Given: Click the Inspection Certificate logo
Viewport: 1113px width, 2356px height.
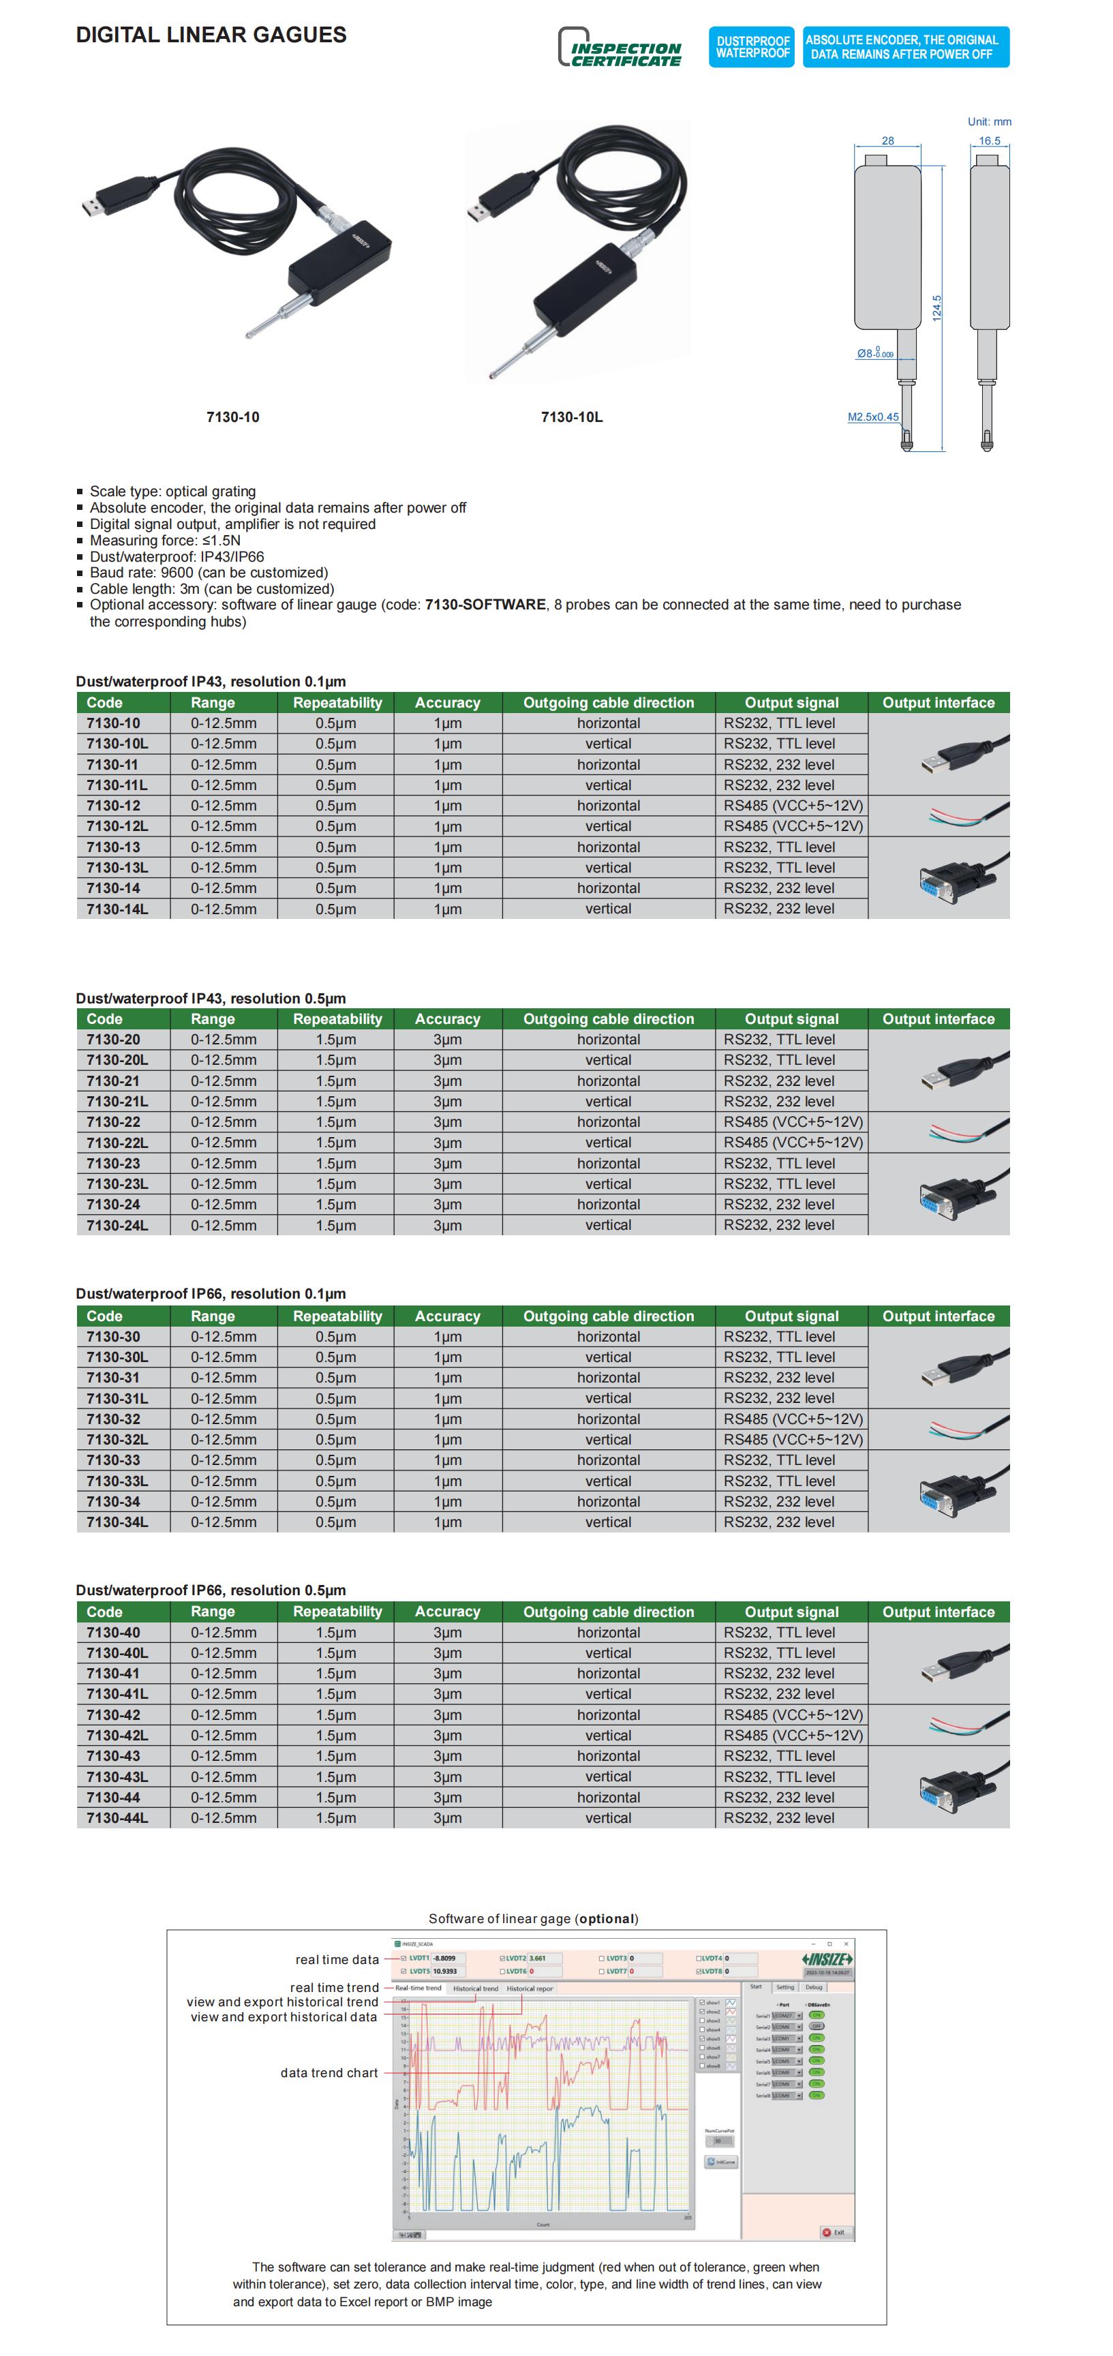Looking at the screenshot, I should [620, 48].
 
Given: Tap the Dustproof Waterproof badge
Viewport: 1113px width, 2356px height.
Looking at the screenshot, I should [752, 46].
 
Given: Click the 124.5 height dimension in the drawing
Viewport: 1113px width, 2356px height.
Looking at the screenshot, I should [936, 307].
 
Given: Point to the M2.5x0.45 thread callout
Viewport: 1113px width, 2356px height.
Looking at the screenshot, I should [872, 417].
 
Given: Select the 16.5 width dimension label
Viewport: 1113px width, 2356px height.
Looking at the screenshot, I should [990, 141].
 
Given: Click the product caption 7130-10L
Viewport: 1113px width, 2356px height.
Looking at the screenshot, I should [572, 417].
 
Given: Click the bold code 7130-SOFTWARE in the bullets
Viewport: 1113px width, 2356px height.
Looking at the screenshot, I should [485, 605].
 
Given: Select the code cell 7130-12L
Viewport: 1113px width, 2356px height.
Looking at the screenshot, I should [117, 826].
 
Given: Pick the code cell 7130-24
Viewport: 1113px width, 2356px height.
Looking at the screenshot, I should [113, 1205].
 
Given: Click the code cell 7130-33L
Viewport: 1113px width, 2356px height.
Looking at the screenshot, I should [117, 1481].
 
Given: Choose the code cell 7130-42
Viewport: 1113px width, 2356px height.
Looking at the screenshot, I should [113, 1715].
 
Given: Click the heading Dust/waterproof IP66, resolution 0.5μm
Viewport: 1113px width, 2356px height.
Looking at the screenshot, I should [211, 1590].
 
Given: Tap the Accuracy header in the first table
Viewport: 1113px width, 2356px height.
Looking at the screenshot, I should [447, 702].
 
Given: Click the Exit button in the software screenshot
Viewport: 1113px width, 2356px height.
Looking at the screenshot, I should [834, 2233].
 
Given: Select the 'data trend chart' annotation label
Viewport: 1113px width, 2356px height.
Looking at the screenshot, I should [329, 2072].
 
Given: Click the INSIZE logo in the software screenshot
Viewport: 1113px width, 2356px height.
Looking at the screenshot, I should [827, 1959].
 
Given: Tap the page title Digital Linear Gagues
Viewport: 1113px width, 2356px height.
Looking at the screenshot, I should [211, 35].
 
